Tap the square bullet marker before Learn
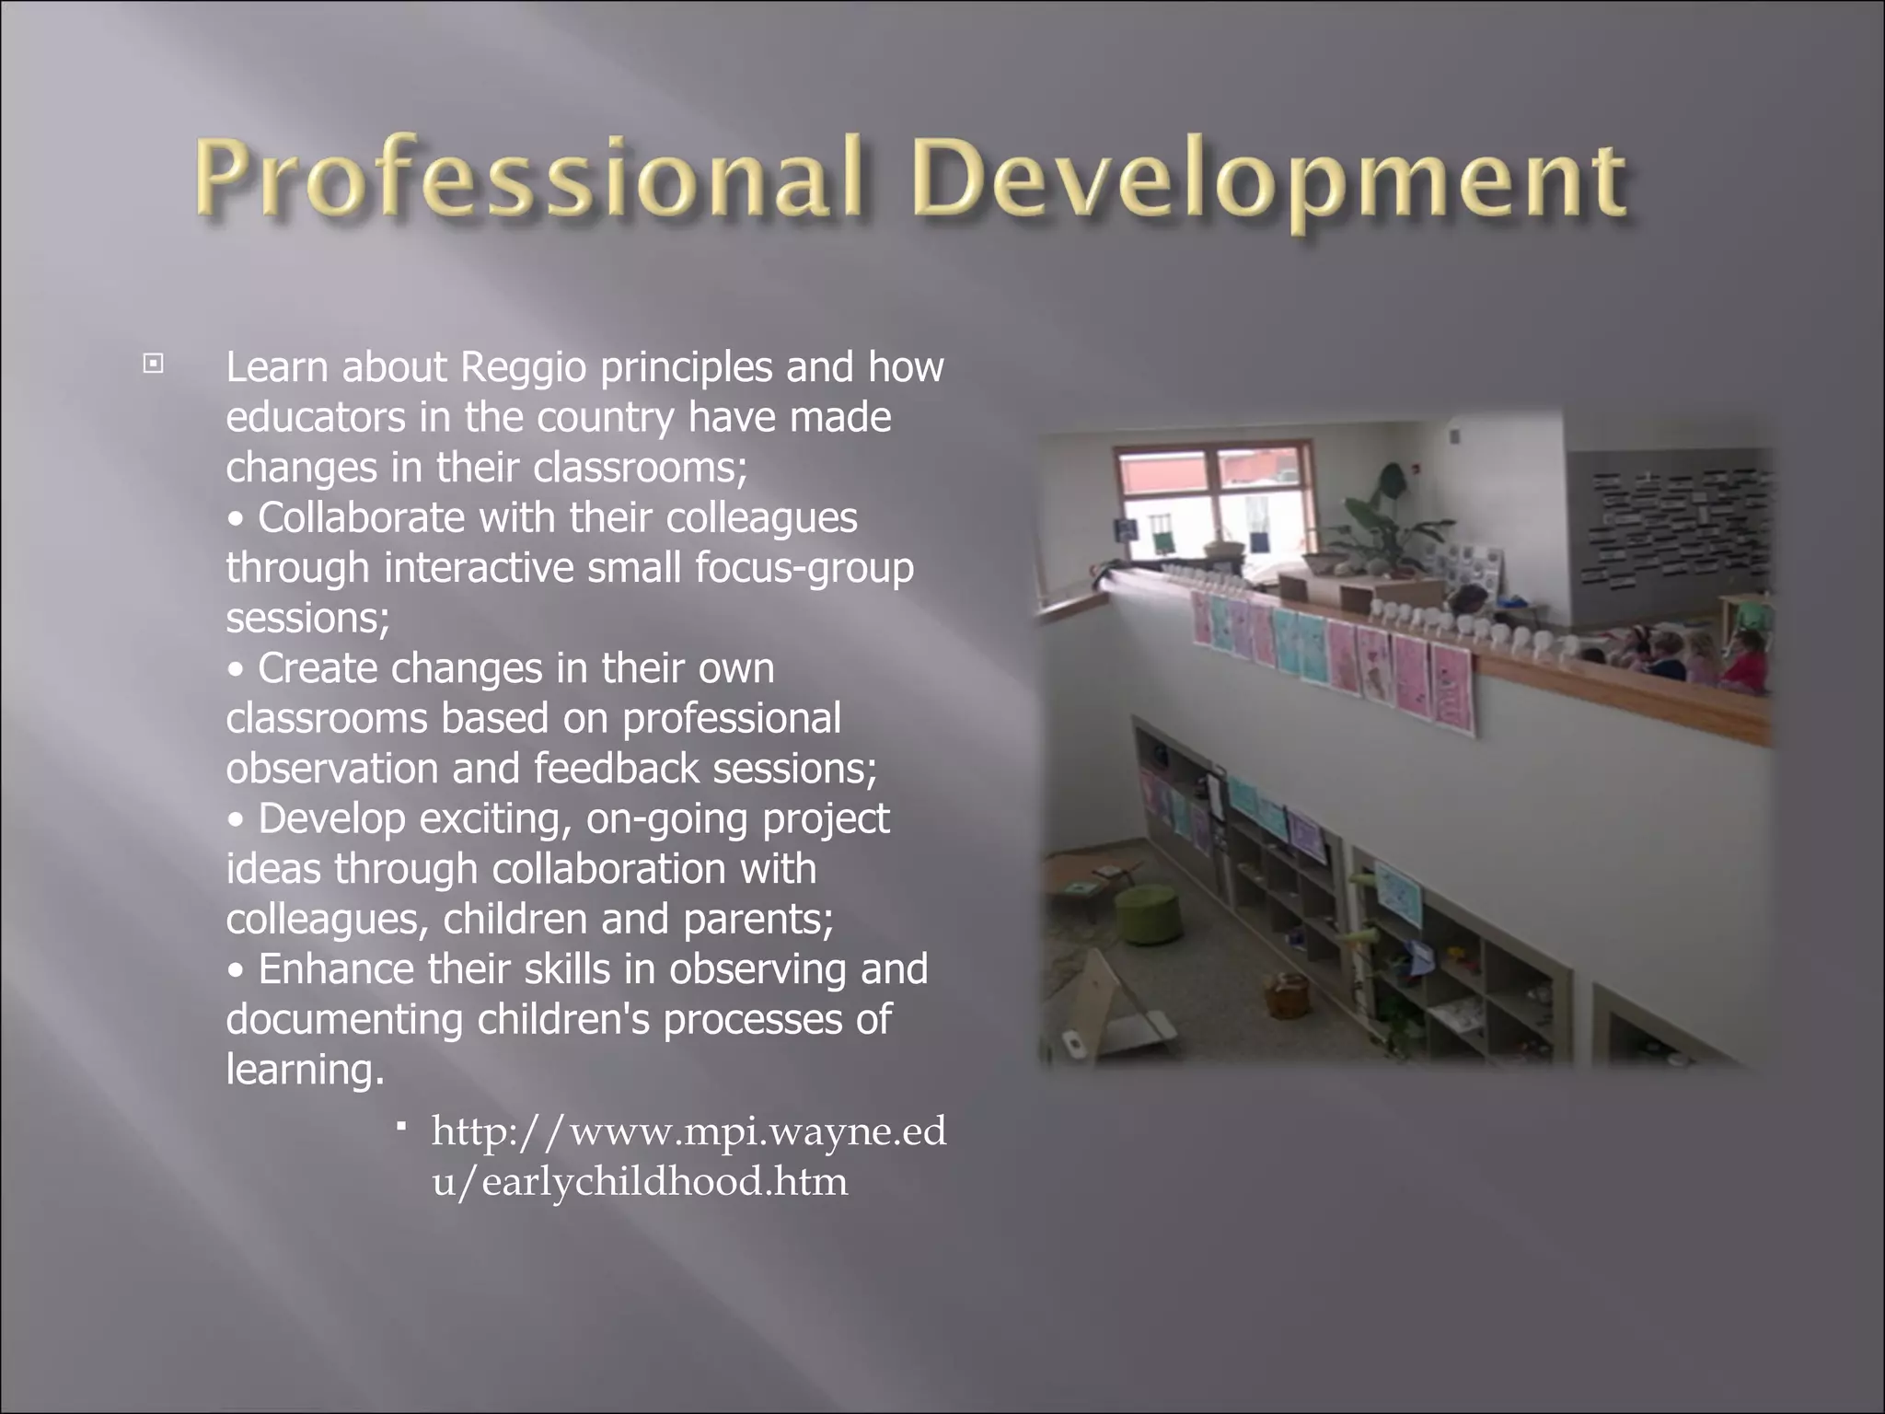point(153,365)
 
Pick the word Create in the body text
point(318,668)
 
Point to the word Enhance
point(337,969)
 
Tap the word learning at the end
point(304,1070)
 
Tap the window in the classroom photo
point(1211,503)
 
